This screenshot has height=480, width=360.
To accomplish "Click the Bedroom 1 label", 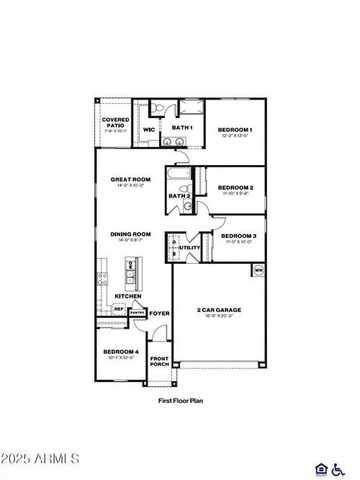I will tap(234, 130).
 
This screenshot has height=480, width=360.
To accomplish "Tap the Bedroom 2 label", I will tap(235, 187).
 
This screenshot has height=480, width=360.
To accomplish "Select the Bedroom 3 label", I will tap(238, 236).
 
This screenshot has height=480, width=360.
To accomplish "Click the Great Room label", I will tap(130, 179).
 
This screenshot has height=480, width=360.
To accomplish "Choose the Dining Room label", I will tap(130, 234).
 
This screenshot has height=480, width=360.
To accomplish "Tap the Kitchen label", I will tap(127, 296).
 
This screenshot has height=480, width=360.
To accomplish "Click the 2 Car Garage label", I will tap(219, 310).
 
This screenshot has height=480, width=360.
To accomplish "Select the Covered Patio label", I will tap(115, 123).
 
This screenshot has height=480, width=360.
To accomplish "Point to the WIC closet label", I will tap(149, 130).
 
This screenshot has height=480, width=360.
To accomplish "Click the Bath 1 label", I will tap(181, 128).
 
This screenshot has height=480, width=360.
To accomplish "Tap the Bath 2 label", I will tap(179, 195).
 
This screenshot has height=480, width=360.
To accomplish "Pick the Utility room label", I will tap(189, 248).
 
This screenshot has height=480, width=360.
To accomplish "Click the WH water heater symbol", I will tap(258, 271).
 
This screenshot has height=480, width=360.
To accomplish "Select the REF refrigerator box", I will tap(119, 309).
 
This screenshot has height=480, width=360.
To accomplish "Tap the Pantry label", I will tap(137, 312).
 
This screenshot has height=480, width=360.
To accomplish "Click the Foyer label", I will tap(159, 313).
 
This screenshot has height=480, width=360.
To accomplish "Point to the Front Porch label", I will tap(159, 361).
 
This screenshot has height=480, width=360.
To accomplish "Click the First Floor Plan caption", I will tap(180, 399).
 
